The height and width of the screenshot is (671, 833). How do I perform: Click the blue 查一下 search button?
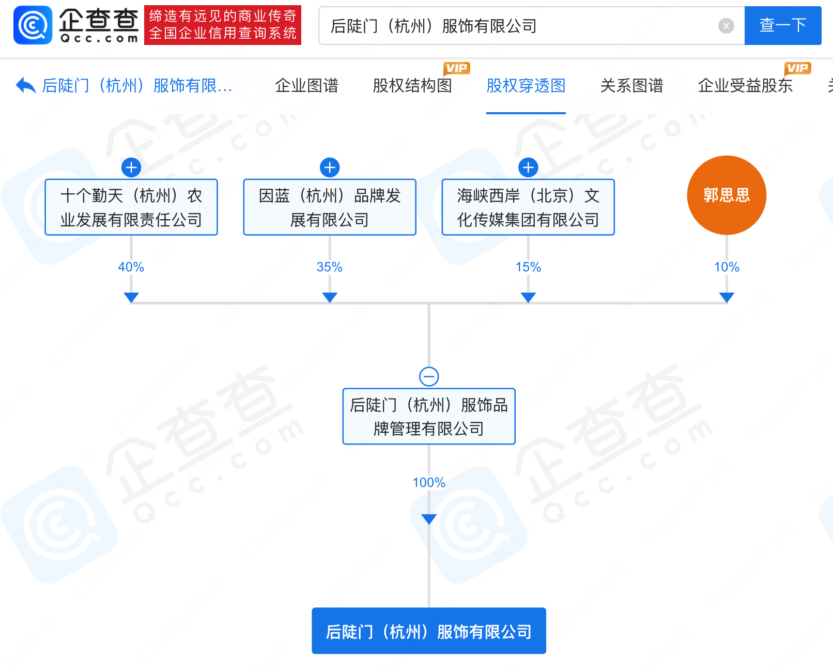(x=782, y=25)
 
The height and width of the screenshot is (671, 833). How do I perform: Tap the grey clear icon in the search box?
(x=726, y=26)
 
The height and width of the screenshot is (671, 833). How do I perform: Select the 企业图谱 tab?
(x=306, y=86)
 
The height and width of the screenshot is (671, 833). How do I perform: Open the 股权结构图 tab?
(x=412, y=86)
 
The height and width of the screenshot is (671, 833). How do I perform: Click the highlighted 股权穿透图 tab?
(x=526, y=86)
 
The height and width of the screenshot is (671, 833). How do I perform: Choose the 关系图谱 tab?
(x=631, y=86)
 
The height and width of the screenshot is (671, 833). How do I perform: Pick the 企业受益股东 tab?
(x=745, y=86)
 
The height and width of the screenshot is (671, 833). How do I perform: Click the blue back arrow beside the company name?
(x=25, y=85)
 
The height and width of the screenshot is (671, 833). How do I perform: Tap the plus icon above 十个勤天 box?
(x=131, y=167)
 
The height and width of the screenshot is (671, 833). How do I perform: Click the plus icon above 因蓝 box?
(x=330, y=167)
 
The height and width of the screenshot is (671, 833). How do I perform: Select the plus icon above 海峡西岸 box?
(x=528, y=167)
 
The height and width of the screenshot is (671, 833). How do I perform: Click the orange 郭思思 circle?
(x=727, y=195)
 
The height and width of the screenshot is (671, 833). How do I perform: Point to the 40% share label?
(x=131, y=267)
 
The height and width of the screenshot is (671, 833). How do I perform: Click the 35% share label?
(x=329, y=267)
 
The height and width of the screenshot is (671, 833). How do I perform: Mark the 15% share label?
(x=528, y=267)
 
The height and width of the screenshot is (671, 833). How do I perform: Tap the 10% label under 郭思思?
(x=727, y=267)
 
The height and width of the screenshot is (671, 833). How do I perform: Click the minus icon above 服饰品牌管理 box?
(x=429, y=377)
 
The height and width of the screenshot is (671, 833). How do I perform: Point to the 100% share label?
(x=429, y=482)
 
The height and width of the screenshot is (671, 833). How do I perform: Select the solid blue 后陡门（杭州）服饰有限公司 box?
(x=429, y=631)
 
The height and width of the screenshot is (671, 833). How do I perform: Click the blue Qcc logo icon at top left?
(x=33, y=25)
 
